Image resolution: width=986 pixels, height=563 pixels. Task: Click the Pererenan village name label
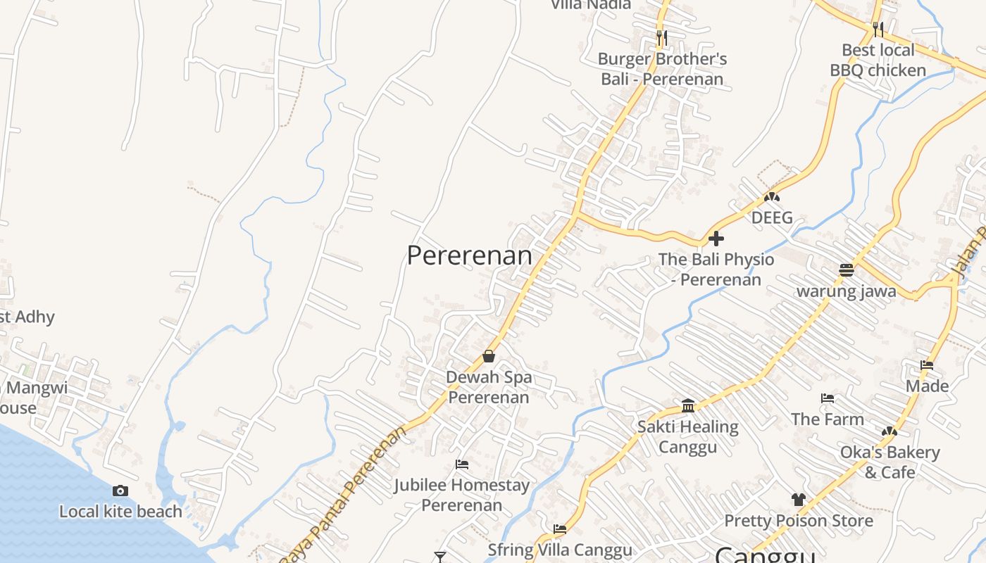tap(470, 255)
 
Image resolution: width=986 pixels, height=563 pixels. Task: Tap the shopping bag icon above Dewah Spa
tap(489, 357)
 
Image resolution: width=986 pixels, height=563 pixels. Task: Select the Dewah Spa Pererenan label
tap(489, 387)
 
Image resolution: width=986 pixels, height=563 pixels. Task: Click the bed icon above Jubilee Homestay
tap(462, 464)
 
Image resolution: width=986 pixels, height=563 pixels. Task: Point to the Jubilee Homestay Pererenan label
tap(462, 495)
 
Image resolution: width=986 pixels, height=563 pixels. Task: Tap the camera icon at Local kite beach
tap(120, 491)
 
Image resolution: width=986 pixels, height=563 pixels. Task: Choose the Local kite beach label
tap(120, 512)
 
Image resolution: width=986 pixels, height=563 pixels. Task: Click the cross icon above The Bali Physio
tap(716, 239)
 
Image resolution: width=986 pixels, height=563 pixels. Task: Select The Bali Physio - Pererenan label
tap(716, 270)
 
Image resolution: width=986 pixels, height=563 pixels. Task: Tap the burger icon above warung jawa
tap(847, 270)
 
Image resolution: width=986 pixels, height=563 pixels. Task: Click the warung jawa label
tap(847, 291)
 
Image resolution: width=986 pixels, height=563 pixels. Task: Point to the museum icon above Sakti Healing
tap(688, 406)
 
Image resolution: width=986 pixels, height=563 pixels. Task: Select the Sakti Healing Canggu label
tap(688, 436)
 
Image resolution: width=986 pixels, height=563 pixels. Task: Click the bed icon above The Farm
tap(828, 398)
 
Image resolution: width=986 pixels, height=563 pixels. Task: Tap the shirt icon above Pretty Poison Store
tap(798, 500)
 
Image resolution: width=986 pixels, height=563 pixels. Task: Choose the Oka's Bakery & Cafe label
tap(890, 462)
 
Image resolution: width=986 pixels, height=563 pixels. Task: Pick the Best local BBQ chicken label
tap(878, 60)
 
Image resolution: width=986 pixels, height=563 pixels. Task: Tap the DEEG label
tap(772, 217)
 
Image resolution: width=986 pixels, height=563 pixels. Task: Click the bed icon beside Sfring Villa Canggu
tap(560, 529)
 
